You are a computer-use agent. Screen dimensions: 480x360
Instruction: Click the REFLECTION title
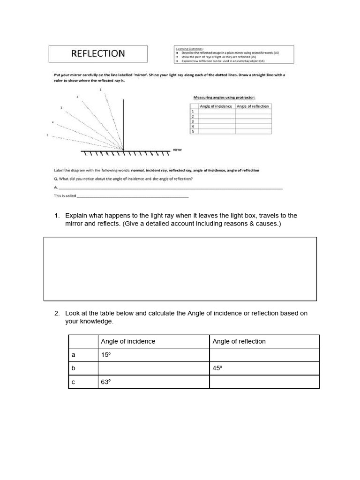click(x=98, y=53)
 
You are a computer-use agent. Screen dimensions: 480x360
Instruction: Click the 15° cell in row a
click(x=106, y=355)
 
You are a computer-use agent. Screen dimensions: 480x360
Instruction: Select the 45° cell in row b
click(x=217, y=368)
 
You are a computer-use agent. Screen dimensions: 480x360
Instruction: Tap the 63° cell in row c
click(x=106, y=382)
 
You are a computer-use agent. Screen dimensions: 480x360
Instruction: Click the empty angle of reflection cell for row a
click(x=264, y=355)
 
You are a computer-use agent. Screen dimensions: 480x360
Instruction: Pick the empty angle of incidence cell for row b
click(x=153, y=368)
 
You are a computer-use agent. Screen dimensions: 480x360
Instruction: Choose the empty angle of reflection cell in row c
click(x=264, y=382)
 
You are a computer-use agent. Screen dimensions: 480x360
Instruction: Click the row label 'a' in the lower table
click(x=73, y=355)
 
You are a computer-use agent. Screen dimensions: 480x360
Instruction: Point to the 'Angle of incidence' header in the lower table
click(x=128, y=341)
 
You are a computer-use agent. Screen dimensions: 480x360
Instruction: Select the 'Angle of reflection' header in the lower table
click(x=239, y=341)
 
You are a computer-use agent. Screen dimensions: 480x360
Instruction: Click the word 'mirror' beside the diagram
click(x=177, y=150)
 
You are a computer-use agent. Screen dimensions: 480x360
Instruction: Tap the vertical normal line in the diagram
click(x=124, y=124)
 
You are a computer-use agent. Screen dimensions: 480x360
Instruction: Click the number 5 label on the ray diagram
click(x=47, y=135)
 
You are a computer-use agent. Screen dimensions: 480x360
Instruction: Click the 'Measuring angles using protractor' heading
click(x=225, y=97)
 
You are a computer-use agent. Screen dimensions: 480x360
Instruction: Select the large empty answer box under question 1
click(x=180, y=269)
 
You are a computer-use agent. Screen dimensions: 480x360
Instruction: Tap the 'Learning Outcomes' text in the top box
click(x=187, y=48)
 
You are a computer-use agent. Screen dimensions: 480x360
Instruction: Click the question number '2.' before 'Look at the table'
click(x=57, y=313)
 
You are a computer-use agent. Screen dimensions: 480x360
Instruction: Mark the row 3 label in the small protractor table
click(x=193, y=121)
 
